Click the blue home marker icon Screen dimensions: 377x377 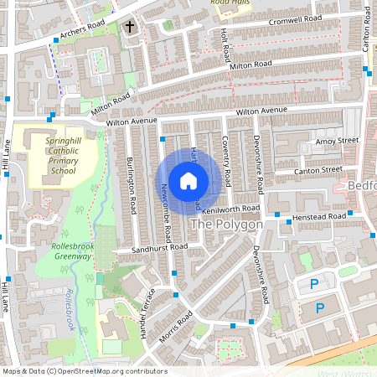pos(188,179)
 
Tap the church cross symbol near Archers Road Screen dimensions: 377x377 pos(130,27)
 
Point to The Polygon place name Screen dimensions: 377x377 pos(227,225)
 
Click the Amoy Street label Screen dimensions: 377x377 pos(336,142)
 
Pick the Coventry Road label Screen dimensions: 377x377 pos(226,163)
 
